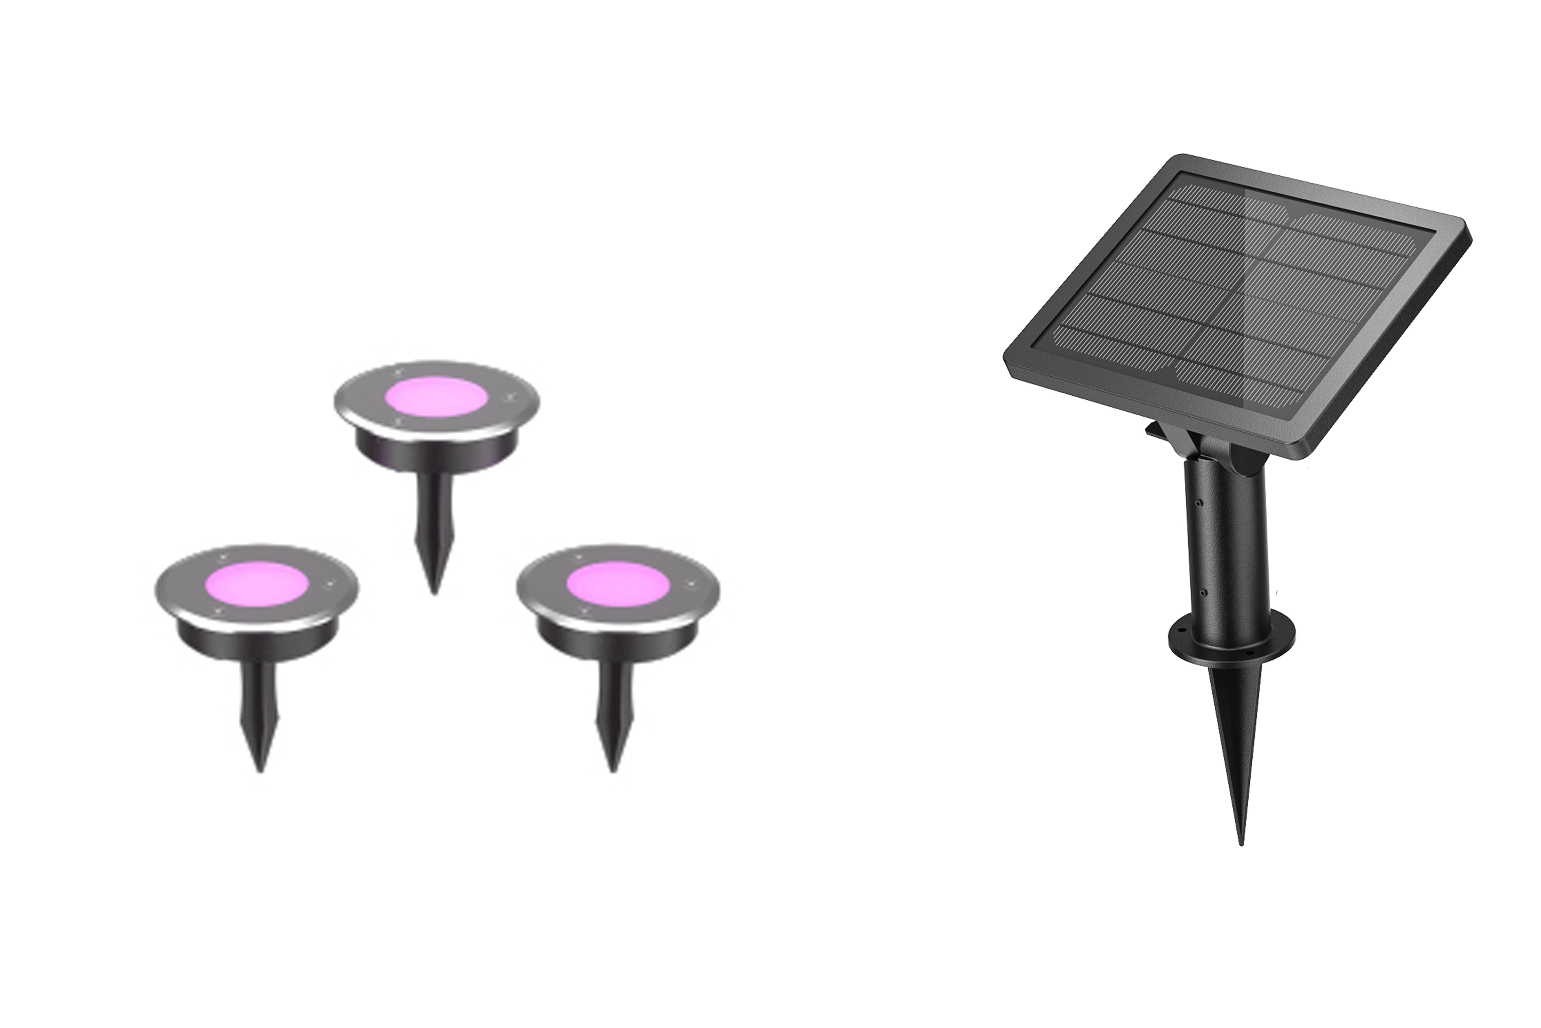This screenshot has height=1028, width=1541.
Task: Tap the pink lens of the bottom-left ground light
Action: coord(256,580)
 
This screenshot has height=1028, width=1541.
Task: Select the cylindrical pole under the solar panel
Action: coord(1225,544)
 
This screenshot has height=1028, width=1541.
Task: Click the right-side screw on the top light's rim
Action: coord(511,396)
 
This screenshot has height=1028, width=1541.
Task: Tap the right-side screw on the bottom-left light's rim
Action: coord(330,583)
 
